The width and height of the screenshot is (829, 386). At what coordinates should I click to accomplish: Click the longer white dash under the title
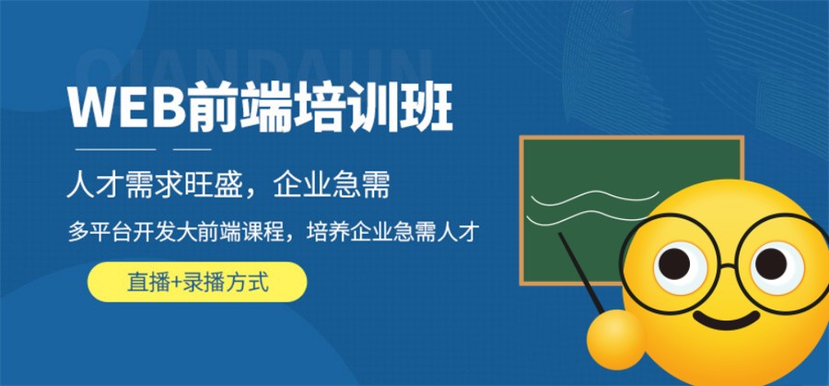click(x=112, y=148)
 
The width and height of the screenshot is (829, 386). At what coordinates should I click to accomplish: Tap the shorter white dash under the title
click(x=193, y=148)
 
